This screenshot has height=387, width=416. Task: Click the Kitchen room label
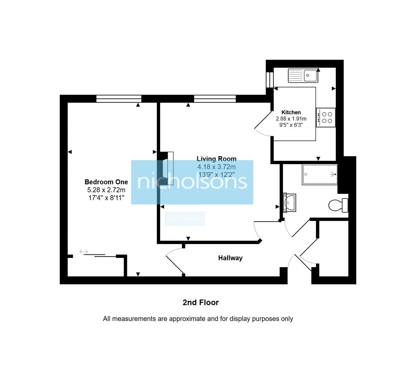click(x=291, y=112)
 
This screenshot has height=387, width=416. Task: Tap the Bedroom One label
click(x=106, y=182)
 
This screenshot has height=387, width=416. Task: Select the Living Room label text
click(x=216, y=159)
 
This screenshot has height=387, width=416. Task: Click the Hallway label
click(x=230, y=258)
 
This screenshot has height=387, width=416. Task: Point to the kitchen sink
click(x=303, y=76)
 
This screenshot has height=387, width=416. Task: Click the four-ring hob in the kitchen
click(x=326, y=118)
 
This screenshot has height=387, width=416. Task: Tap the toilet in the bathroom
click(x=338, y=205)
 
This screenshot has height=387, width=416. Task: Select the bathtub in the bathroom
click(x=320, y=175)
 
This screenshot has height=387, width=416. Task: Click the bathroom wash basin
click(x=289, y=203)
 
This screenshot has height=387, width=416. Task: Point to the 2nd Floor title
click(x=201, y=302)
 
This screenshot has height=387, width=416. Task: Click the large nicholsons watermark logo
click(x=192, y=182)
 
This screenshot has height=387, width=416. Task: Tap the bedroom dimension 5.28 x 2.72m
click(x=106, y=190)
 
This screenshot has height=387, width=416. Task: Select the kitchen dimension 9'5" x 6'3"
click(x=291, y=125)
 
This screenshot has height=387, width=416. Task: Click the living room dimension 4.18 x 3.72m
click(x=216, y=167)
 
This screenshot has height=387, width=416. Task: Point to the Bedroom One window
click(x=119, y=99)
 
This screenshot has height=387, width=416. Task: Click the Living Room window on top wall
click(x=215, y=99)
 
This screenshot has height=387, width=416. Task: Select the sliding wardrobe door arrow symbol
click(x=83, y=252)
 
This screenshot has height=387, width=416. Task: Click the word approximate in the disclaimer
click(x=187, y=319)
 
